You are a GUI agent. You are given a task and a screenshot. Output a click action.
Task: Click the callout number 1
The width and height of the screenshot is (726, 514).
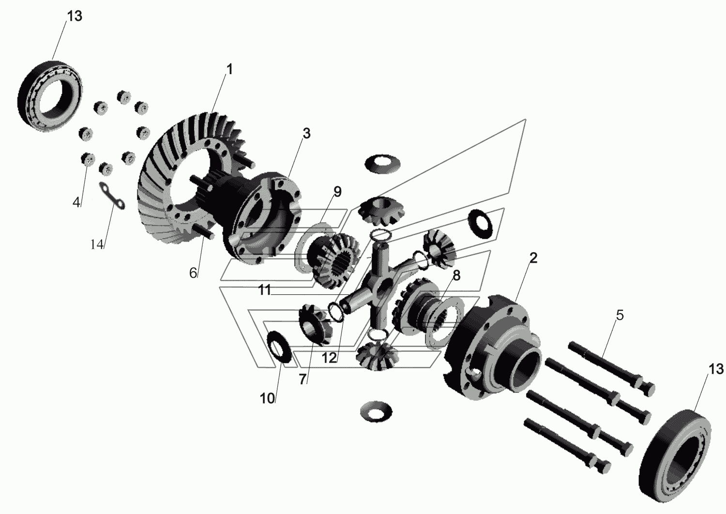[x=229, y=69]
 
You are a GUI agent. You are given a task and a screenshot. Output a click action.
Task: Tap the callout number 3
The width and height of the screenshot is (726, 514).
[x=306, y=134]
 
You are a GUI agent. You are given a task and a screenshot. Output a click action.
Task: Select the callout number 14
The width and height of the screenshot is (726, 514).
[x=97, y=244]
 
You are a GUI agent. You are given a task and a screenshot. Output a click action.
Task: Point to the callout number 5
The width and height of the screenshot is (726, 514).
[x=620, y=315]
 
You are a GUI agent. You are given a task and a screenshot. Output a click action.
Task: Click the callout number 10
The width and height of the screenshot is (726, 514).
[x=267, y=399]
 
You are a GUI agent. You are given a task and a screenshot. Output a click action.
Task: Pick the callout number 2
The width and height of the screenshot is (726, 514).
[x=533, y=258]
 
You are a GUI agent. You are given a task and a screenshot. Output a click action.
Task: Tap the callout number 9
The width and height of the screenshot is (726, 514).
[x=337, y=192]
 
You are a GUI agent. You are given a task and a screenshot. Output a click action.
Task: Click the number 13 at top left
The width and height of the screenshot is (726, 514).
[x=75, y=16]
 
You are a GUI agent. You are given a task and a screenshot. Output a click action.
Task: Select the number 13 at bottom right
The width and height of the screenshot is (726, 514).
[x=716, y=369]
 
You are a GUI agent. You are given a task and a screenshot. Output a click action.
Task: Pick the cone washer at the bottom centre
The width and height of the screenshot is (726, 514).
[x=376, y=411]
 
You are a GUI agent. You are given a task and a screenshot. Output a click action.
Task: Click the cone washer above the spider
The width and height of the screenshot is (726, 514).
[x=382, y=164]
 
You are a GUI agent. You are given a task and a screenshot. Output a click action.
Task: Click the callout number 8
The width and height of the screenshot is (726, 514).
[x=456, y=275]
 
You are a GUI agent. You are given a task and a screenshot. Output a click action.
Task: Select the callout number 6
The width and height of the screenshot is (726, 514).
[x=193, y=273]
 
